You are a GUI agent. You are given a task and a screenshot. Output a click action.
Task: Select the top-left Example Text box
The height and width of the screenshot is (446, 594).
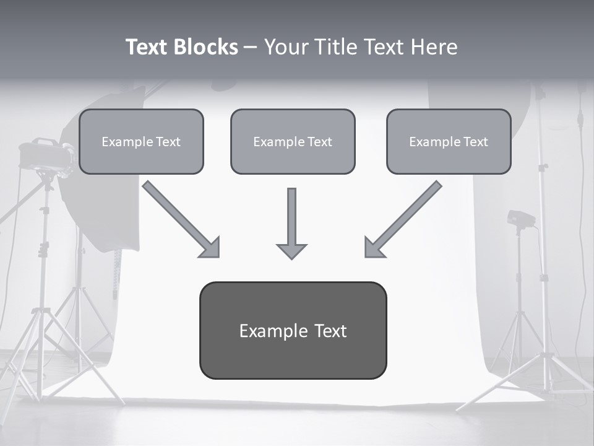[x=141, y=141]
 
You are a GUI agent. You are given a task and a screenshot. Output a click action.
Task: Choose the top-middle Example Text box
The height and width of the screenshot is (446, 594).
[x=293, y=141]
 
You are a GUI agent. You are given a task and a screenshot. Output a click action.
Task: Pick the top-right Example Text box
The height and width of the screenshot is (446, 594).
[x=449, y=141]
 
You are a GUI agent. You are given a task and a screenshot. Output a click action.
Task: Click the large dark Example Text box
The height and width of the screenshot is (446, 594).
[x=293, y=330]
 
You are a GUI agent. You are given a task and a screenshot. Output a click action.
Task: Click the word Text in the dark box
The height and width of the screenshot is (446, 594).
[x=330, y=331]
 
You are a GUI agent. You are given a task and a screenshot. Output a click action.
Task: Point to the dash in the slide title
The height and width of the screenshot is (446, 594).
[x=251, y=47]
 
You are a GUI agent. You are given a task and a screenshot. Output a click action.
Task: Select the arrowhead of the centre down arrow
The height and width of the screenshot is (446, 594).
[x=291, y=250]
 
